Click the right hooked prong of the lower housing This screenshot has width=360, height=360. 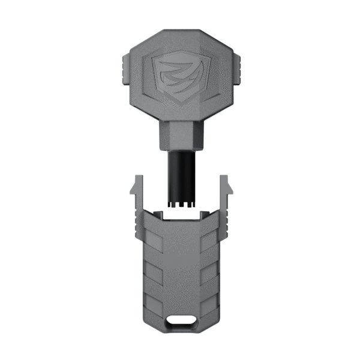pyautogui.click(x=226, y=186)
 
